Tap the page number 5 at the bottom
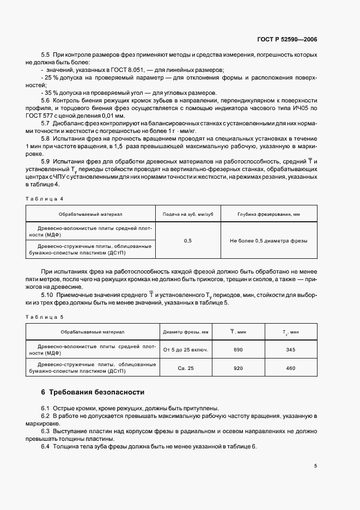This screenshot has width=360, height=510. point(316,466)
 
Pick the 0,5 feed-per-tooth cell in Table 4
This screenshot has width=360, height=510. point(188,240)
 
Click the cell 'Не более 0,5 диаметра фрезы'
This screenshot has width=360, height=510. point(269,240)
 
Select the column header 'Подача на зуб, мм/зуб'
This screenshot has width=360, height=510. point(188,215)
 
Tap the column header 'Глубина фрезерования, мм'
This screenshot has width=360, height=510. point(269,215)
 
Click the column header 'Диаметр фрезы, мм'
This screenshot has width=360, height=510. point(186,332)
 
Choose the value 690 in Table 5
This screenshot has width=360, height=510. point(238,350)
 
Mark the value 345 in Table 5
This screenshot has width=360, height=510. point(290,350)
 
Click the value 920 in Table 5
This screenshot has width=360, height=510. point(238,368)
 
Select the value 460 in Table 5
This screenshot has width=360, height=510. point(290,368)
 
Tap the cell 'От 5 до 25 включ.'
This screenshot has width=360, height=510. point(186,350)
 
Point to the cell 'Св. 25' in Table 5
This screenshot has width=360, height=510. point(186,368)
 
